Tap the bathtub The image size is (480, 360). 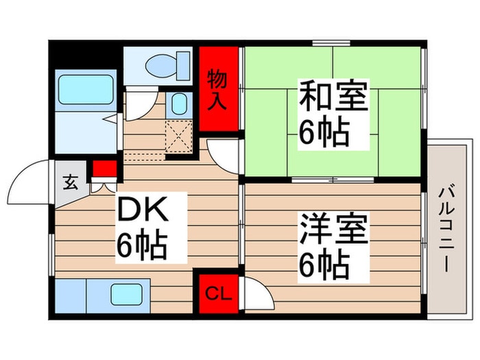85,88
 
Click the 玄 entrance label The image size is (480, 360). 71,183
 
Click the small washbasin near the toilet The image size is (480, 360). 178,105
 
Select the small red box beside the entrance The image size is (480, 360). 105,168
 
